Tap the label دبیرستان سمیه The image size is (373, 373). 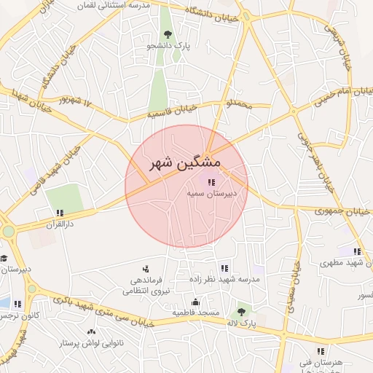210,195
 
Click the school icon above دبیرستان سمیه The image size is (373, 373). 211,182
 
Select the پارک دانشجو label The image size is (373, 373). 168,45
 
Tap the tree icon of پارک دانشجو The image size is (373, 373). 168,34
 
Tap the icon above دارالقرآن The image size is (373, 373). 59,213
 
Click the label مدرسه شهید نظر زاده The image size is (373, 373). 222,279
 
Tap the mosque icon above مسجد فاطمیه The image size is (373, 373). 195,302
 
